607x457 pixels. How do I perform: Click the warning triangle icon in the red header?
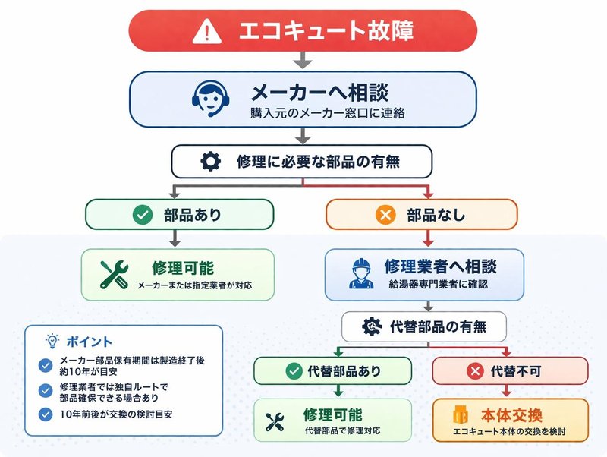click(205, 31)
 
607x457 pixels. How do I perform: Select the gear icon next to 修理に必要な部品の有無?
click(210, 162)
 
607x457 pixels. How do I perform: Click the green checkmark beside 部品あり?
click(142, 215)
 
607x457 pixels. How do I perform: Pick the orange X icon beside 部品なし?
click(385, 215)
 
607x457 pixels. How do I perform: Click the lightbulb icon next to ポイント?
click(52, 341)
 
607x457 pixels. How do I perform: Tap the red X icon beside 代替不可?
click(475, 371)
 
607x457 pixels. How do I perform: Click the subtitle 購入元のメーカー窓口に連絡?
click(328, 115)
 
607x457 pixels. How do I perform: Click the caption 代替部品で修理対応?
click(342, 431)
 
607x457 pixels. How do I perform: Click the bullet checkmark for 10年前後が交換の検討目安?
click(46, 414)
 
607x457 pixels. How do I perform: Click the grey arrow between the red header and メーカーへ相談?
click(303, 60)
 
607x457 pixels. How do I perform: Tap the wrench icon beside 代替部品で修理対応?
click(275, 422)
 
